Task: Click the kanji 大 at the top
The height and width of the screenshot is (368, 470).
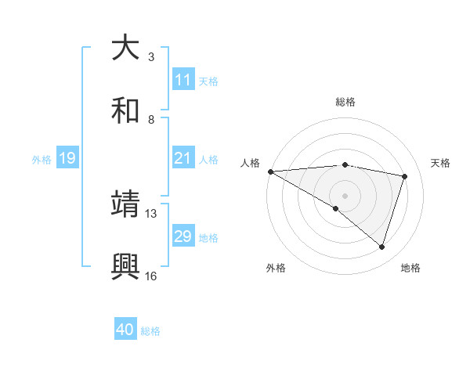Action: [125, 49]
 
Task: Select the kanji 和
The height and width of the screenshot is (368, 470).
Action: [125, 110]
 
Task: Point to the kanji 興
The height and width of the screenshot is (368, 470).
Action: [125, 266]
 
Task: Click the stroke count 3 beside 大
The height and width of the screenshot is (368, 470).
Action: [151, 57]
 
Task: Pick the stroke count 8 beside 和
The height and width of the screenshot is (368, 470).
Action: [151, 119]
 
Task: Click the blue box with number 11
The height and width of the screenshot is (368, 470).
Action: [183, 80]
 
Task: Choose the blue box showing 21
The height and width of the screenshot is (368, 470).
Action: [183, 159]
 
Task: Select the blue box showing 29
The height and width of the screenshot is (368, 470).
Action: [183, 236]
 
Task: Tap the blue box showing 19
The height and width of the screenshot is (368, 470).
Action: [67, 159]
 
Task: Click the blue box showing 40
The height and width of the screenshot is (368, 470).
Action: [125, 330]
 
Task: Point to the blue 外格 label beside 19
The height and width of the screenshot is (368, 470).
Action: [42, 160]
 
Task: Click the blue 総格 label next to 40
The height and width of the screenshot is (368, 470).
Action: [150, 331]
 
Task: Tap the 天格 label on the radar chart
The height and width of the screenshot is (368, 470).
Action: [441, 163]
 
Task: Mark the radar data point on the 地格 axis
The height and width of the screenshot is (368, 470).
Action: [382, 247]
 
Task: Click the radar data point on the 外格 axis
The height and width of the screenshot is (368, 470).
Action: [336, 208]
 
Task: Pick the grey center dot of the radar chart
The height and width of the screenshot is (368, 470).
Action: [345, 194]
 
